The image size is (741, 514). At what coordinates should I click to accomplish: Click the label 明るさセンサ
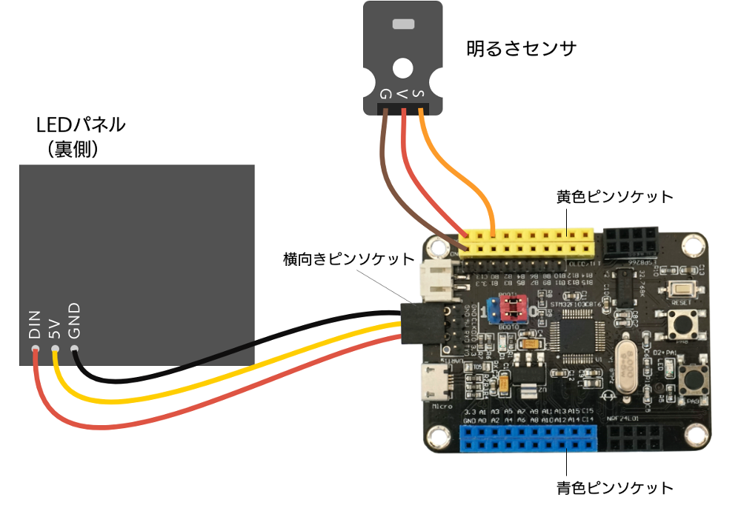521,49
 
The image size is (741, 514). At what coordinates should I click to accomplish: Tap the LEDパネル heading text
81,124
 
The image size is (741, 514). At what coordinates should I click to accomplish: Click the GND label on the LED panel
74,321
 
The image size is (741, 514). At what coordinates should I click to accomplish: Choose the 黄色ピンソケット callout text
615,197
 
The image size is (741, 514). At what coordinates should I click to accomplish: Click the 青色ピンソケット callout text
615,488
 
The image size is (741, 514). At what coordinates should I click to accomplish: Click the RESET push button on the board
679,291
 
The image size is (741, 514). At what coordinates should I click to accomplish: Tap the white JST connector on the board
436,282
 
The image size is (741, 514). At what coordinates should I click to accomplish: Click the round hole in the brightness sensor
403,68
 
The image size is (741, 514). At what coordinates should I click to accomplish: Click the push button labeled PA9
694,379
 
